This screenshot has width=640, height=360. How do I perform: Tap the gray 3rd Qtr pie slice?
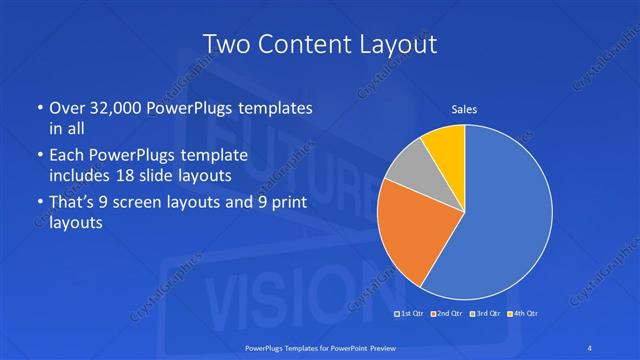tap(408, 167)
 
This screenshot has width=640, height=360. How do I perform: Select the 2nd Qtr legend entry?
tap(450, 314)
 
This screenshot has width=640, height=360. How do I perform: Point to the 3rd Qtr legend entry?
tap(487, 314)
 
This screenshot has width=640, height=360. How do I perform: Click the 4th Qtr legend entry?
tap(524, 314)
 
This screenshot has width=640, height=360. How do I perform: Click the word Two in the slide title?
tap(225, 45)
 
